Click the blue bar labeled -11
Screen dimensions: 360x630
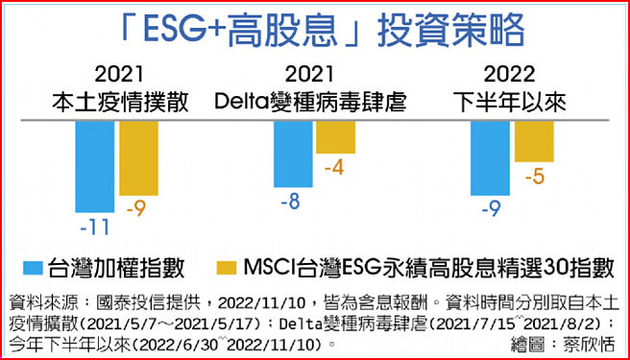[95, 166]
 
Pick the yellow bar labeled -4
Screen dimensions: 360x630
[335, 136]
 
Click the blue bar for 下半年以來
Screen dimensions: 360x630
[491, 158]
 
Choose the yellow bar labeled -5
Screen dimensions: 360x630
[534, 140]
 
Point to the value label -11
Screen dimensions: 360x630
[93, 228]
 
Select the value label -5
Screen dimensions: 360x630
[534, 177]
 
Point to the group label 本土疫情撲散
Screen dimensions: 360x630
[119, 101]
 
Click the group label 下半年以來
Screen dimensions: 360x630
[509, 101]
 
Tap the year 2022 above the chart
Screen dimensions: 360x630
[509, 74]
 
